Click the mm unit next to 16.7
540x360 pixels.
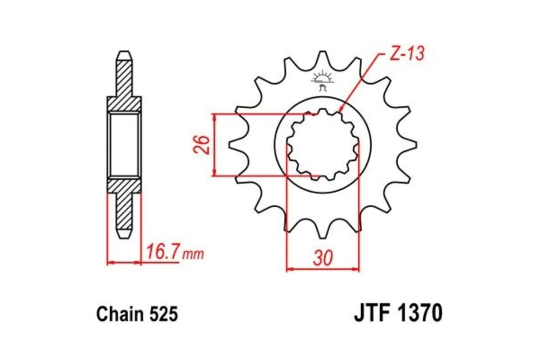click(x=193, y=255)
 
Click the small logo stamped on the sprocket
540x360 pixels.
click(x=323, y=80)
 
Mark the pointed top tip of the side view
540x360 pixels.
click(x=125, y=52)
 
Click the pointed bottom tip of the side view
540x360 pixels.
click(x=125, y=236)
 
